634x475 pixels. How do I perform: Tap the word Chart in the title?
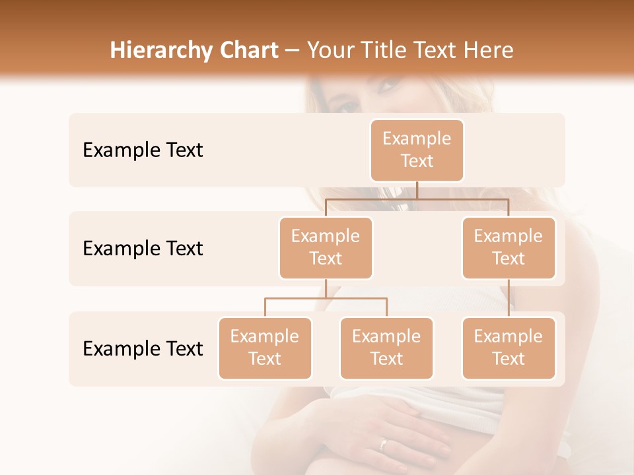[247, 51]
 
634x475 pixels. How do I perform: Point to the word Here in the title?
[489, 51]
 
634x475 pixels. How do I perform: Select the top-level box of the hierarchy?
[417, 150]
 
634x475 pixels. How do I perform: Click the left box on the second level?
[326, 247]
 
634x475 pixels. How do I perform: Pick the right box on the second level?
[509, 247]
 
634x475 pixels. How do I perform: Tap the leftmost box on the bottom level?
[265, 348]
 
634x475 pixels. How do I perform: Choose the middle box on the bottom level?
[386, 348]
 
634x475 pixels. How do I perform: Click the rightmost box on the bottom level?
[509, 348]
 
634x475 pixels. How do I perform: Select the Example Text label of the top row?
[143, 150]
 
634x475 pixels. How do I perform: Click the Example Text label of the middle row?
[143, 249]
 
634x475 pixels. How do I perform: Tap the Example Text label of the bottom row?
[143, 348]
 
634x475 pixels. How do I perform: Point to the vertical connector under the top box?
[417, 190]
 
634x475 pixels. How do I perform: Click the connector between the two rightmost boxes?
[509, 298]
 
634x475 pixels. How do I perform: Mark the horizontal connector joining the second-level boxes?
[417, 199]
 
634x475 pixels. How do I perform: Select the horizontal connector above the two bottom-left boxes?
[326, 298]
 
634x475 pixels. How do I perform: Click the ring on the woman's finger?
[384, 444]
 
